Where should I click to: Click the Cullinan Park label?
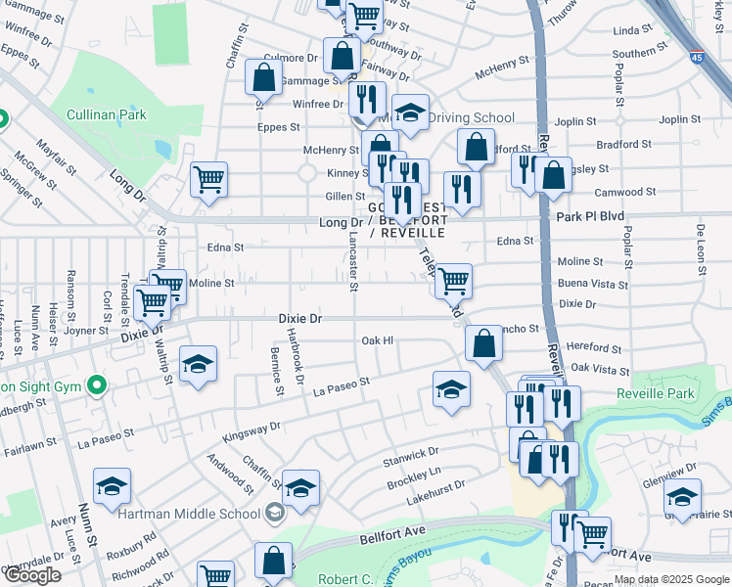pos(106,114)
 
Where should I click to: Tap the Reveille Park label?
pos(656,393)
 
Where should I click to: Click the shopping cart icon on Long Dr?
pos(208,180)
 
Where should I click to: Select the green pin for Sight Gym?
pos(96,385)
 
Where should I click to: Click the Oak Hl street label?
pos(377,340)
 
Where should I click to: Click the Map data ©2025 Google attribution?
pos(671,579)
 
